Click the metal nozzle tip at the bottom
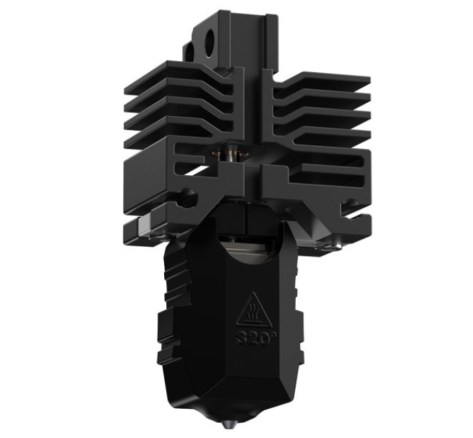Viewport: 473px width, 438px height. click(227, 425)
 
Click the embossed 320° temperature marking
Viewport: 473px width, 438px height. click(252, 339)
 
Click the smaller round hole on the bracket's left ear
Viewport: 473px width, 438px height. click(189, 54)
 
